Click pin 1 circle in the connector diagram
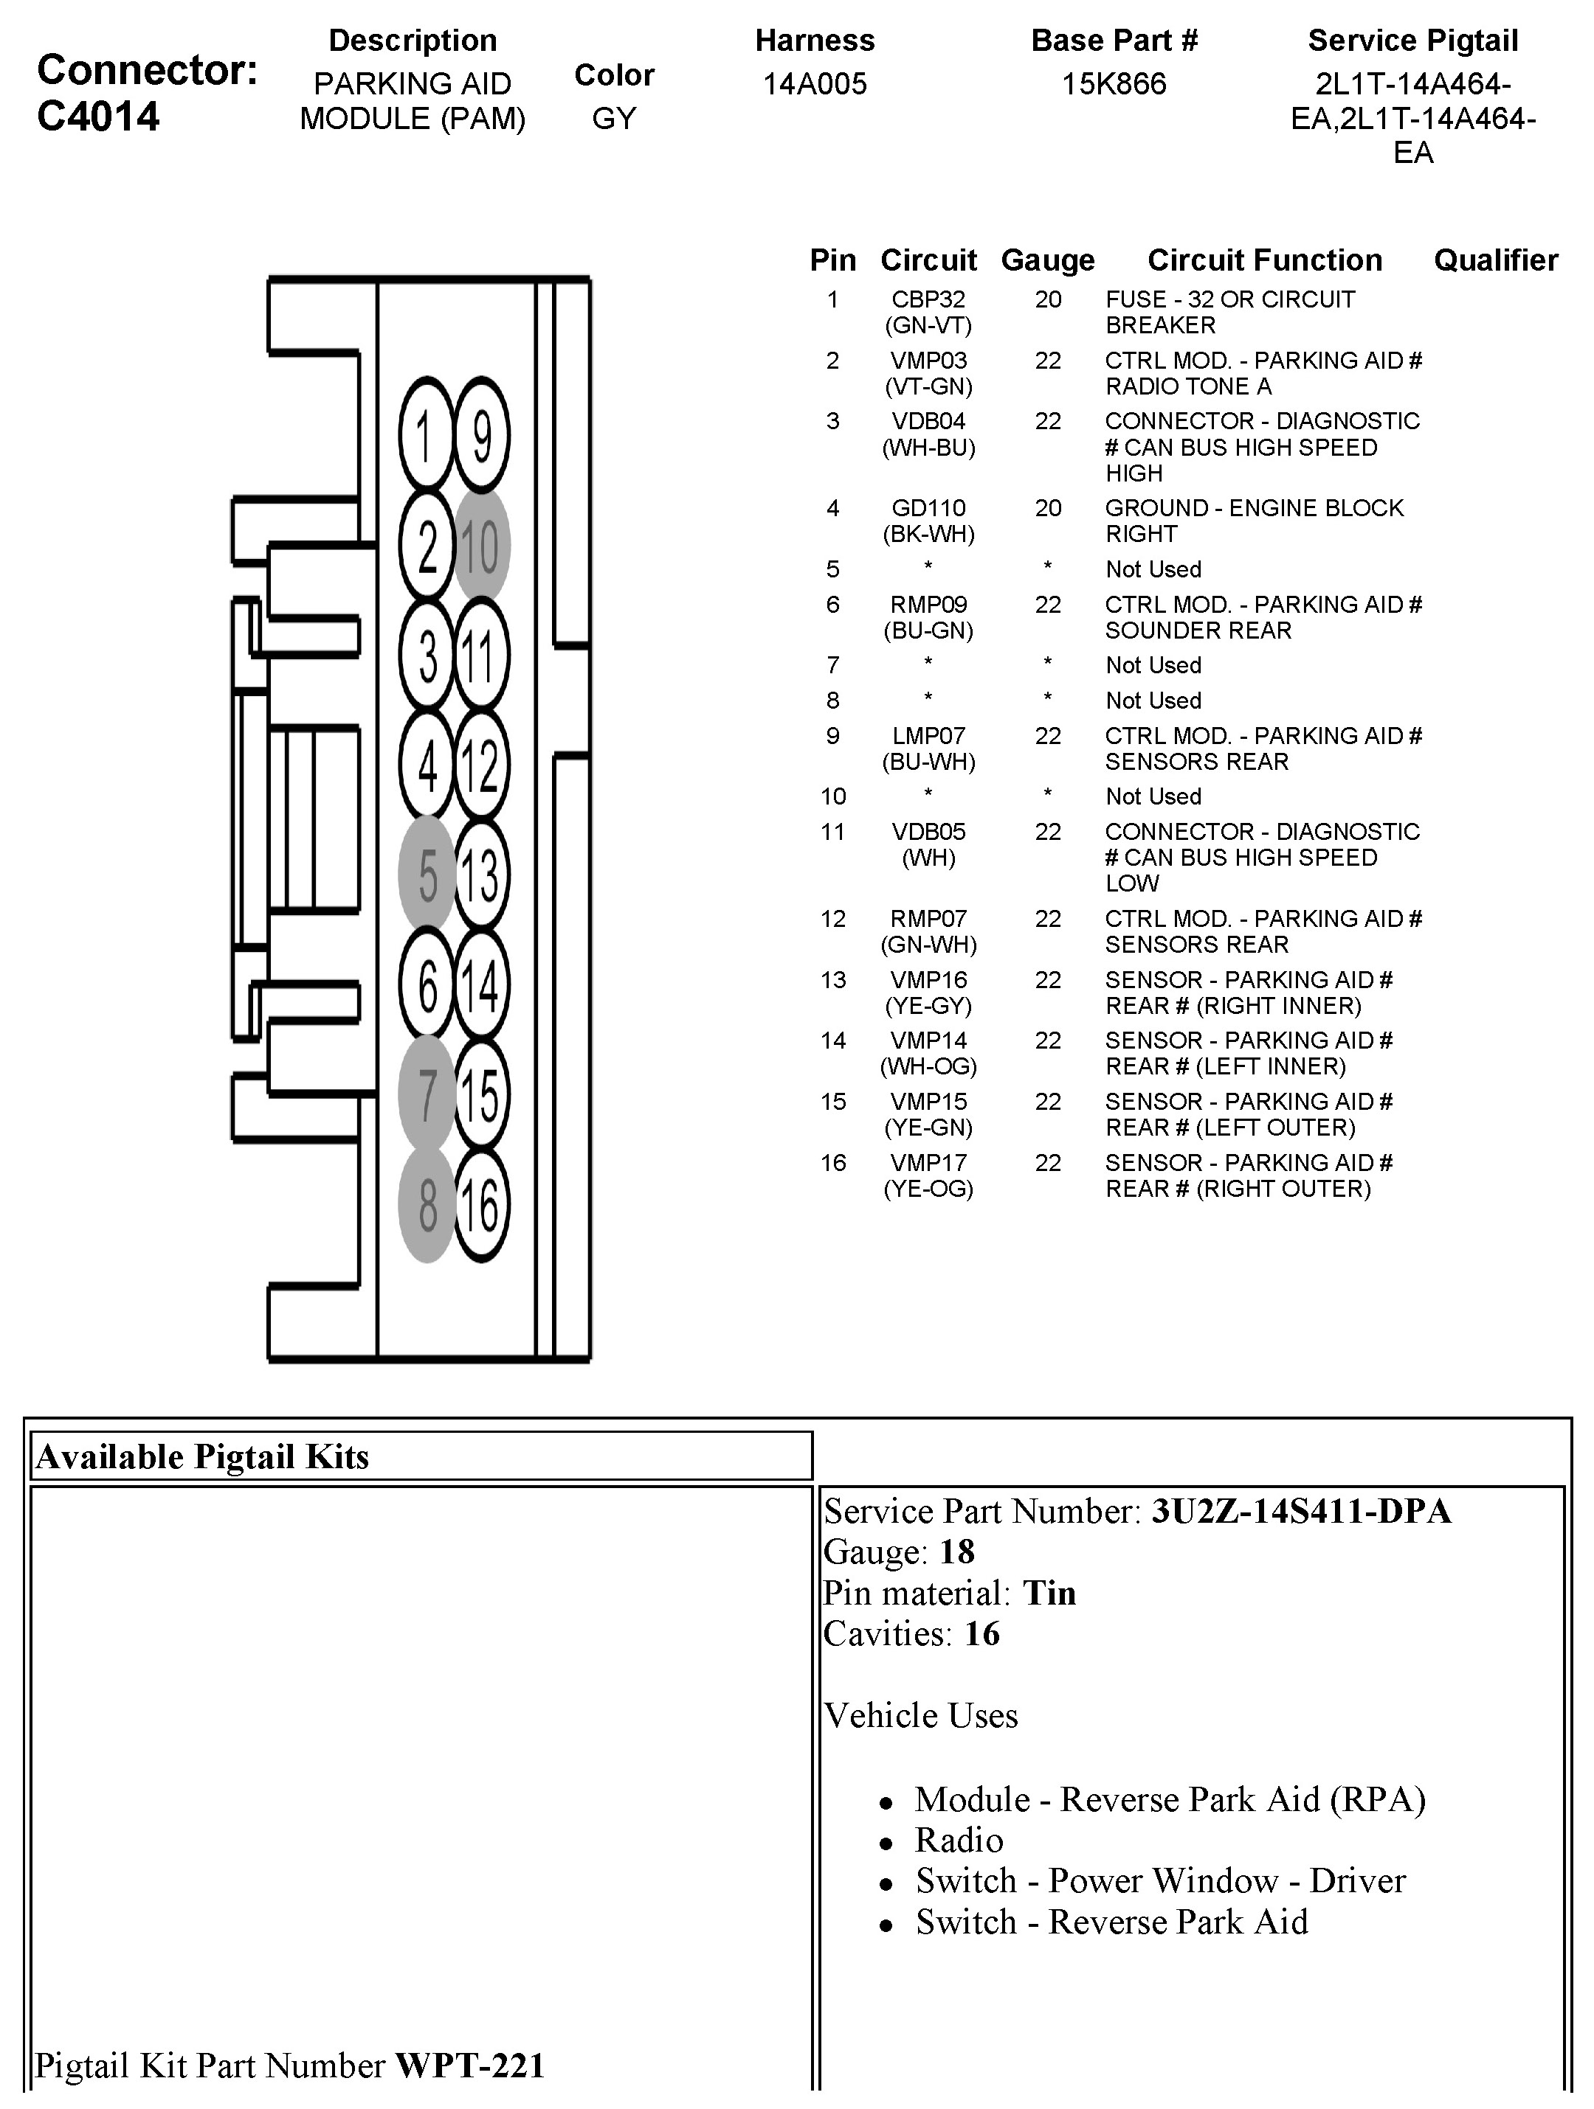426,436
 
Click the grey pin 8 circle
427,1205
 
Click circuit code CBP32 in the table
928,299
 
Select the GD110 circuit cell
928,508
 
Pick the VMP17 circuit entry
928,1163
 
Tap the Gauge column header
1047,260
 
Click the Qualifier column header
1495,260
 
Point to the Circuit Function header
1264,260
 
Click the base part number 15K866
1114,84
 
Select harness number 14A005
815,84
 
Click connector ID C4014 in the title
98,117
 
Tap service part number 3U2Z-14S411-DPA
1301,1511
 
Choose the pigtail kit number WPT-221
469,2065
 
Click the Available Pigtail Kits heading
202,1456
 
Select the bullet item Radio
959,1839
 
